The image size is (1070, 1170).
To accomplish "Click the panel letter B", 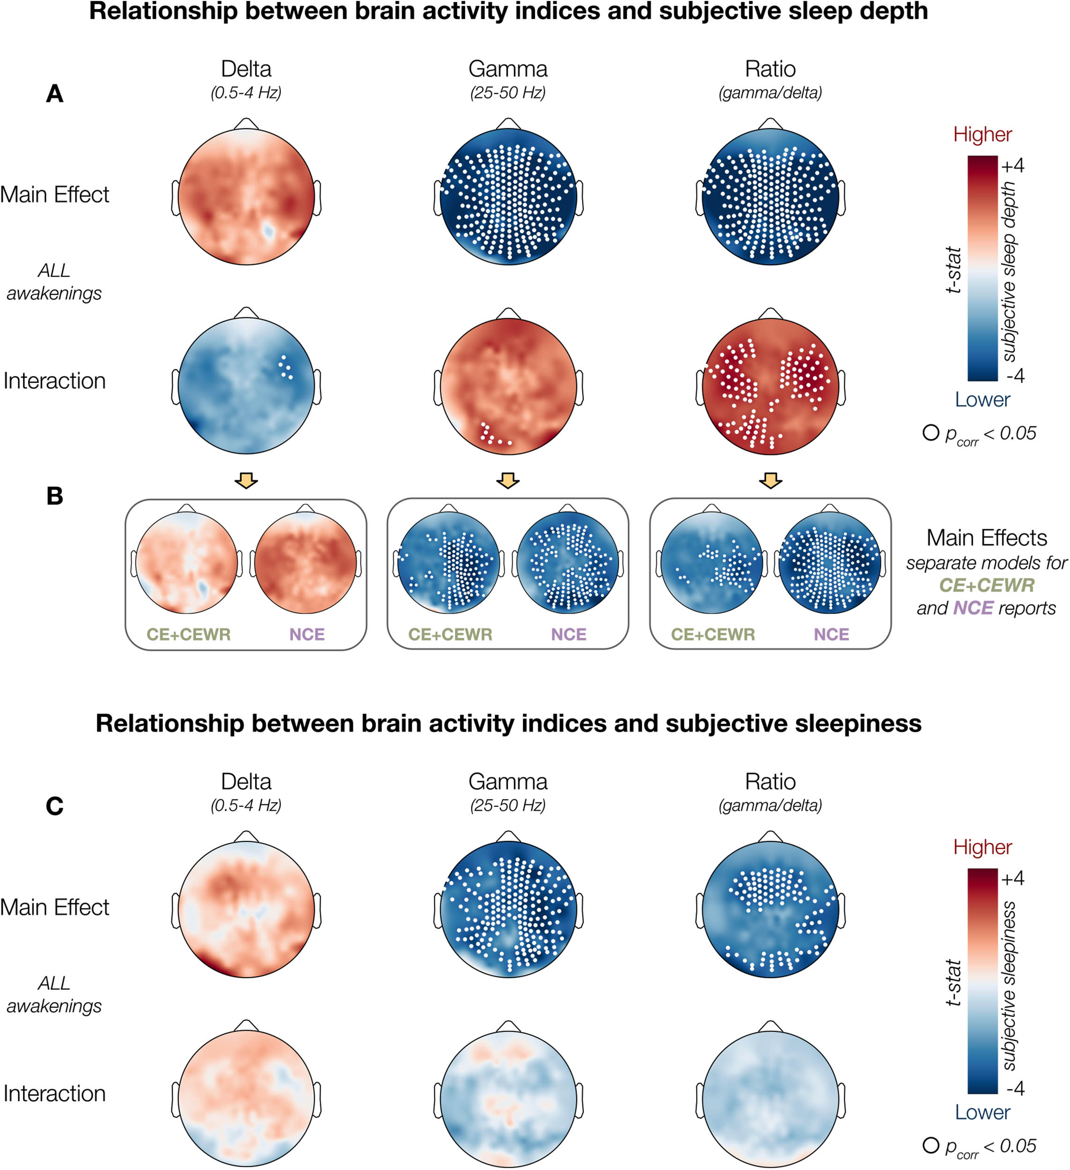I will coord(55,496).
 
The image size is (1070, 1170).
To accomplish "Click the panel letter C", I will coord(55,805).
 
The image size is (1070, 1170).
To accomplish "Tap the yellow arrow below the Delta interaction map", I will coord(246,480).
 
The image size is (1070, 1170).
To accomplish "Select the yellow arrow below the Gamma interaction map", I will coord(508,480).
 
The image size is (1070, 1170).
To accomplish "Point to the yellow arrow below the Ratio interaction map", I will coord(770,480).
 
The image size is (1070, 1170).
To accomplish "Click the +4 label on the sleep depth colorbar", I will coord(1012,166).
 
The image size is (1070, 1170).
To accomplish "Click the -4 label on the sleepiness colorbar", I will coord(1015,1088).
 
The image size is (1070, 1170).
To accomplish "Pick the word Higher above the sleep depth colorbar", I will coord(982,135).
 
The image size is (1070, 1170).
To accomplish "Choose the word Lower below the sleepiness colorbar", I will coord(982,1112).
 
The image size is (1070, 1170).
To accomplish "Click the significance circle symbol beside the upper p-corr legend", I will coord(931,432).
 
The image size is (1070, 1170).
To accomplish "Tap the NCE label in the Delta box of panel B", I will coord(307,634).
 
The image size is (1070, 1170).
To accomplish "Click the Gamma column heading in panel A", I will coord(508,69).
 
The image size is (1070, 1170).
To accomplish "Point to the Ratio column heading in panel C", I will coord(770,782).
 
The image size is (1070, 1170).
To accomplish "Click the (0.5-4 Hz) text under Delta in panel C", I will coord(246,805).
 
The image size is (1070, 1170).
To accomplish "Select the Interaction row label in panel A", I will coord(55,380).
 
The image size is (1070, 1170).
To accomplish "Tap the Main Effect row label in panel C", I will coord(55,907).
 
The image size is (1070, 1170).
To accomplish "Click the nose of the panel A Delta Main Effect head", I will coord(246,124).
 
